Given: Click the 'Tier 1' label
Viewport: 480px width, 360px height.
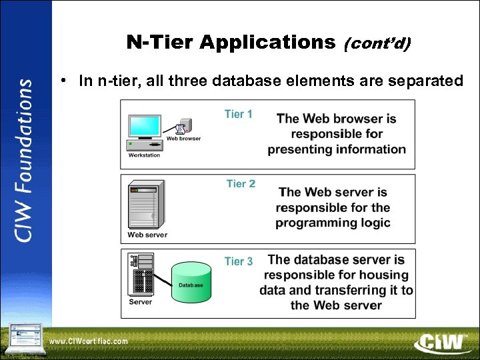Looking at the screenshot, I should tap(238, 114).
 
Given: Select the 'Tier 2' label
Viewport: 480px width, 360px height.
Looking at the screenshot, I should tap(241, 183).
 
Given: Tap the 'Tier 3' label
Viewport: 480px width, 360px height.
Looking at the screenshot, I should tap(239, 261).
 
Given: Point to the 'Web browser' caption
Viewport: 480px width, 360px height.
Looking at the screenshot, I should tap(183, 139).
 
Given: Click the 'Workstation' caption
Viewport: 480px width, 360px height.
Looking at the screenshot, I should tap(144, 155).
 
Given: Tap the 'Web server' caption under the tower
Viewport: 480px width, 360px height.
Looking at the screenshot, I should tap(147, 235).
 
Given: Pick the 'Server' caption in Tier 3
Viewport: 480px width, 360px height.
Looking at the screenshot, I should tap(140, 302).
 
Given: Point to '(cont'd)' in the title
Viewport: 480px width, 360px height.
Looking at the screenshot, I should tap(377, 44).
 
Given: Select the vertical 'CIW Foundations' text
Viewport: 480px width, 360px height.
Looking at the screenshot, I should tap(25, 160).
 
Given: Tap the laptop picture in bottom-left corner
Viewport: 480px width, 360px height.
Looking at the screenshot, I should tap(24, 337).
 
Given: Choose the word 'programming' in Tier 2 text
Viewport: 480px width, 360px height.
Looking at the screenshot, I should tap(313, 223).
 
